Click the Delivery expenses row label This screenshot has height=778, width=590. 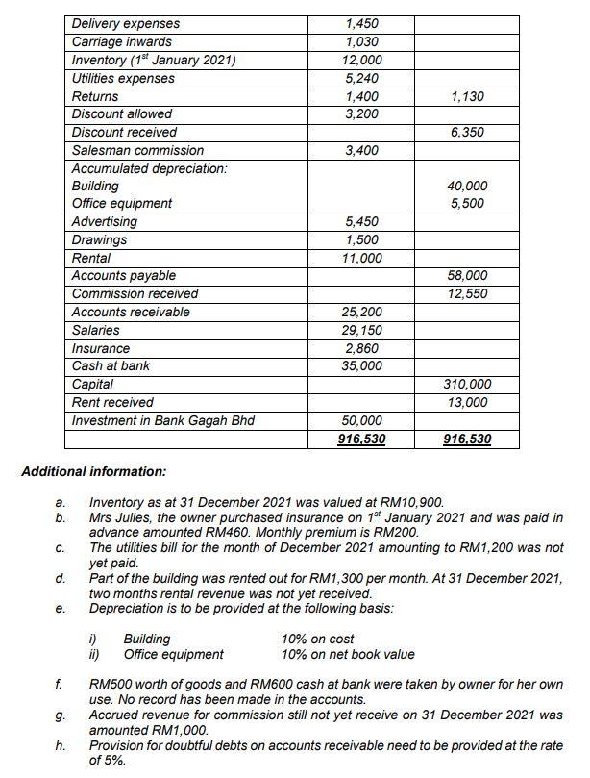[x=126, y=23]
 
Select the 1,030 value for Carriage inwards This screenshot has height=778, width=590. [x=360, y=41]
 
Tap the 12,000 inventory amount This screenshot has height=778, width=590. [x=360, y=60]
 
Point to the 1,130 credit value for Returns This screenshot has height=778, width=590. [x=467, y=96]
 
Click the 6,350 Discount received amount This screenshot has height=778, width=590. [x=467, y=132]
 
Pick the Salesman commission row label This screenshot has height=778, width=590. [x=138, y=150]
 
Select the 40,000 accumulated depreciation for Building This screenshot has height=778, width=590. [x=468, y=186]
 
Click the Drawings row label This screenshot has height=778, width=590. [x=100, y=239]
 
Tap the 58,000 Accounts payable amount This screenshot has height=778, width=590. [x=468, y=276]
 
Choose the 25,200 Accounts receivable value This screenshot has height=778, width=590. [x=361, y=312]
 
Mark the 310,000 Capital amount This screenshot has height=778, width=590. [x=468, y=384]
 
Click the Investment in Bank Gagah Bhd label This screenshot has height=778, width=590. [x=163, y=420]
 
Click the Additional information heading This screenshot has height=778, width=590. [x=93, y=471]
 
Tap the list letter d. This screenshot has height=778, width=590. [x=61, y=579]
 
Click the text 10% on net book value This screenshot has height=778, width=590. [x=348, y=654]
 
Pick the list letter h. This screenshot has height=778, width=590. [x=61, y=745]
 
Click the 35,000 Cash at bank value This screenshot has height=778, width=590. [x=361, y=365]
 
